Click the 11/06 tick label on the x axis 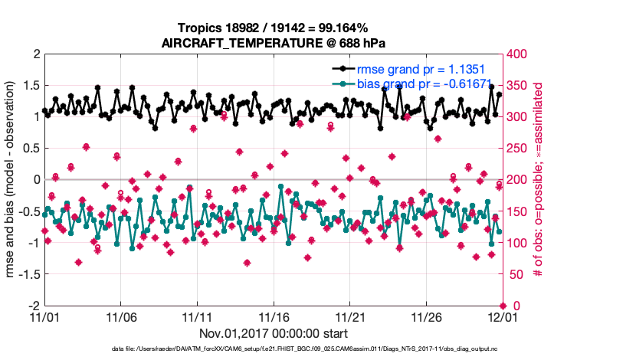point(120,316)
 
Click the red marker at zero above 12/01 point(503,306)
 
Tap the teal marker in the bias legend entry point(344,83)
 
